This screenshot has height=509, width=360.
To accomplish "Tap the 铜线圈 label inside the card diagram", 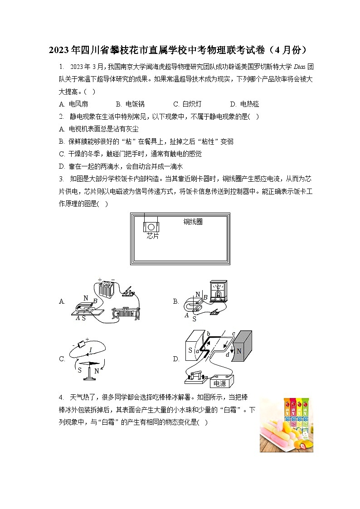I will pyautogui.click(x=193, y=222).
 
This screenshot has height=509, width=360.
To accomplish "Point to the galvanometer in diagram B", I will pyautogui.click(x=218, y=291).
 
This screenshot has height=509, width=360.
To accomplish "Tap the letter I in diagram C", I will pyautogui.click(x=91, y=349).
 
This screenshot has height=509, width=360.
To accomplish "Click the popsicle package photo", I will pyautogui.click(x=286, y=425).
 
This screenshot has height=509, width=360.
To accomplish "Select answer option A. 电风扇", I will pyautogui.click(x=73, y=104).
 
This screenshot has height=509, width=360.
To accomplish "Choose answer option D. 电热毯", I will pyautogui.click(x=244, y=104).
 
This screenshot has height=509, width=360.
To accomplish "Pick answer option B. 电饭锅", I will pyautogui.click(x=130, y=104).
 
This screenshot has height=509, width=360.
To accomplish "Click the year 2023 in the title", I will pyautogui.click(x=58, y=49).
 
